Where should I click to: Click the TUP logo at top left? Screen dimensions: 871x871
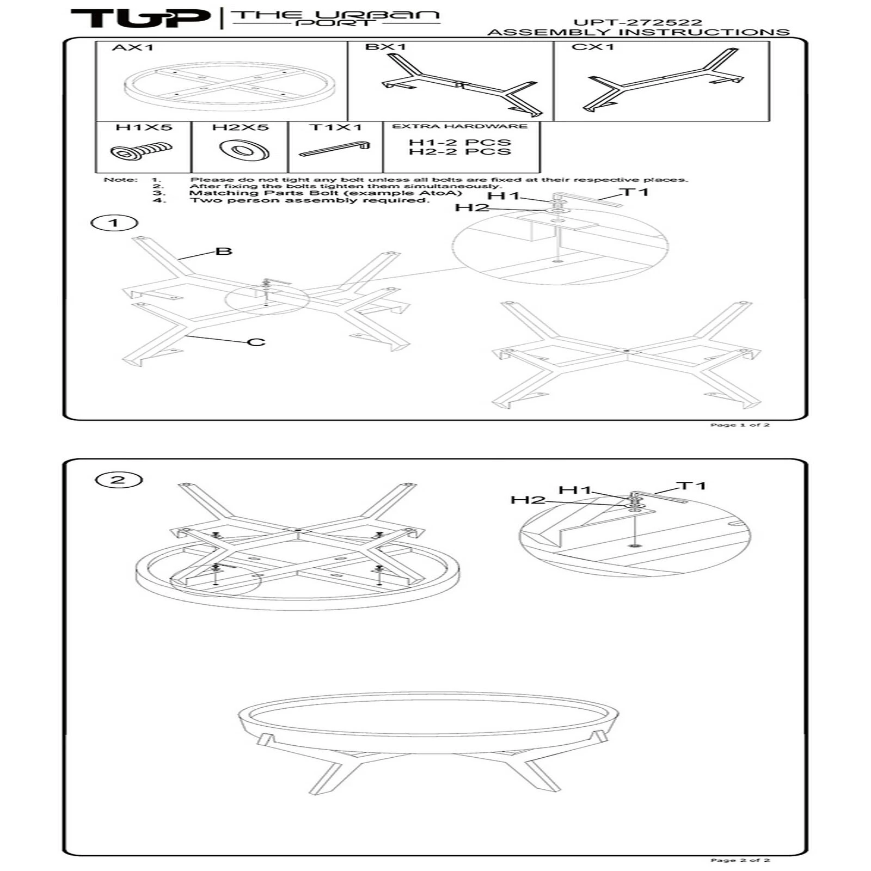click(x=140, y=18)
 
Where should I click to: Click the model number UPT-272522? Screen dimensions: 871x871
click(x=637, y=23)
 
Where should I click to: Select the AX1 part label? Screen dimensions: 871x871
click(x=133, y=47)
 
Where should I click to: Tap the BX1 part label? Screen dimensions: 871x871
click(x=385, y=47)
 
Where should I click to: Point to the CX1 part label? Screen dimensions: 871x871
click(x=593, y=47)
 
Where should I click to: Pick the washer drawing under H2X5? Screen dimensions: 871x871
click(x=244, y=149)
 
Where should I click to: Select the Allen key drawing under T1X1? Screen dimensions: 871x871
click(x=335, y=149)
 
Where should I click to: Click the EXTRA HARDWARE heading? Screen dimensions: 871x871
click(x=460, y=126)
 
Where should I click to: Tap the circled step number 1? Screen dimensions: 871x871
click(x=114, y=223)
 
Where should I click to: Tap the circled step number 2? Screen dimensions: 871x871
click(x=118, y=480)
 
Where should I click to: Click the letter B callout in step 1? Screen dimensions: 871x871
click(x=224, y=251)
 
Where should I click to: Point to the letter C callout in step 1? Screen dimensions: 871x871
click(x=256, y=342)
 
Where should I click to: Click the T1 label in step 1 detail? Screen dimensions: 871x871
click(x=635, y=192)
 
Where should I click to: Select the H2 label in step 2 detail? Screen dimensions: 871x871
click(x=527, y=500)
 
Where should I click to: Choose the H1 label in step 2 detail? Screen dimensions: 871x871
click(x=575, y=490)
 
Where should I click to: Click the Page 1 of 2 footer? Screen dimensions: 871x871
click(x=740, y=425)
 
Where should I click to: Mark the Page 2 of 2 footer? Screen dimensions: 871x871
click(x=740, y=860)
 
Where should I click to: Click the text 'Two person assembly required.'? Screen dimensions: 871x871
click(x=309, y=200)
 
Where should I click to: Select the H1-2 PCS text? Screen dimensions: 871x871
click(x=460, y=143)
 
